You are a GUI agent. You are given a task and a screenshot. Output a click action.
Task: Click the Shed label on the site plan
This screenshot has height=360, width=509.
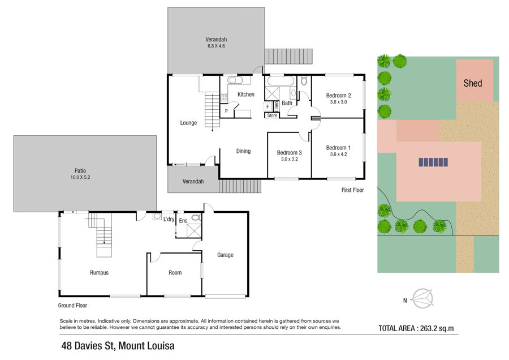click(473, 83)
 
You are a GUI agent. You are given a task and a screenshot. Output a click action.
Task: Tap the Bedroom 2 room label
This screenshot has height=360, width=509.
click(338, 95)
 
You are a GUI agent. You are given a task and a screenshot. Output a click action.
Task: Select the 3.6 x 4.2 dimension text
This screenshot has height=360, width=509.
click(338, 155)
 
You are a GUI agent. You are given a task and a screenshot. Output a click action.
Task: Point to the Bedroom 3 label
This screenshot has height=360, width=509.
click(289, 152)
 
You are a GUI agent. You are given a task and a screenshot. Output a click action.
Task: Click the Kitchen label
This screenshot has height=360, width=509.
click(246, 94)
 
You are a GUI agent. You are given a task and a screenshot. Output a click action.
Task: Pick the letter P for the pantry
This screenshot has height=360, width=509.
click(226, 111)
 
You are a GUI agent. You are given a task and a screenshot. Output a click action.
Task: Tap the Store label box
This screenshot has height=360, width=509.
click(272, 115)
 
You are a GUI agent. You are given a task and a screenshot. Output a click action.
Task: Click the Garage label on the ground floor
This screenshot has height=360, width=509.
click(225, 255)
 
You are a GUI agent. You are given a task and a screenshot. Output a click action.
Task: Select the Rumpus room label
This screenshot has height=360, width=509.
click(100, 273)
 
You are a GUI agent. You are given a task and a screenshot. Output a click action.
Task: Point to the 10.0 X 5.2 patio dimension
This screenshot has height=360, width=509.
click(80, 177)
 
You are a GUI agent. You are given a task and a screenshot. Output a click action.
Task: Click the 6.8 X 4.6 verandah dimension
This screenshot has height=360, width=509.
click(216, 46)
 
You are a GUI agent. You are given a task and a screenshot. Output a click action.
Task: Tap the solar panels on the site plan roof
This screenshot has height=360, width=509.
click(433, 162)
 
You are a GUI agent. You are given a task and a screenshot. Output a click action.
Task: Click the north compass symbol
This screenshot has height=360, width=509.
click(422, 299)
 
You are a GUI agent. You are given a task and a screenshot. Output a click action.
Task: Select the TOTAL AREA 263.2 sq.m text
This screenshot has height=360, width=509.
click(416, 328)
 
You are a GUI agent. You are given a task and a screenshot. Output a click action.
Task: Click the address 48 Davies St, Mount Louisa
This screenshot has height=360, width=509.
click(118, 346)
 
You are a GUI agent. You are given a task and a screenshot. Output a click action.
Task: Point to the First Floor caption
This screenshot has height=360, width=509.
click(352, 190)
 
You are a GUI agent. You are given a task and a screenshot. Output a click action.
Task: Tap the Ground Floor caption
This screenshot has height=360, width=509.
click(72, 306)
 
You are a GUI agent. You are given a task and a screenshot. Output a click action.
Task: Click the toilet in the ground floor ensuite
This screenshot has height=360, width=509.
click(197, 218)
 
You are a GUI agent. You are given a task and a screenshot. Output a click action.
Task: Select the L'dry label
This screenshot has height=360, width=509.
click(169, 219)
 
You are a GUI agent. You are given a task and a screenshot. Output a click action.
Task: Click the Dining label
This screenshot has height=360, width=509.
click(243, 151)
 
